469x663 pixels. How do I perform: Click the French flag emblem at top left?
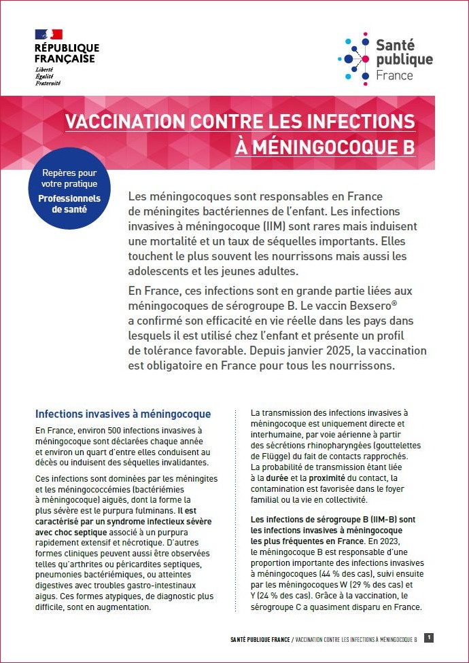click(x=48, y=34)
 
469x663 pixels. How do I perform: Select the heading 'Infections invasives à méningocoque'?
click(x=123, y=414)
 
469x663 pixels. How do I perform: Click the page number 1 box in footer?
click(x=429, y=638)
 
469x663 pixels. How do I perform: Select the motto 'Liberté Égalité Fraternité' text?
click(x=48, y=77)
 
